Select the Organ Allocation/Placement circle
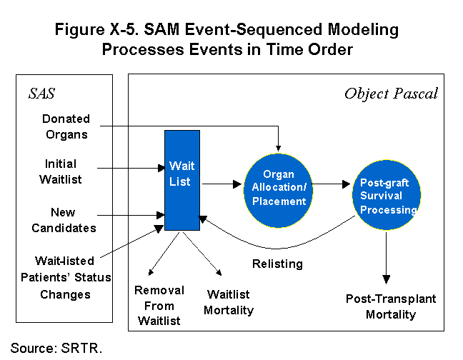pos(279,187)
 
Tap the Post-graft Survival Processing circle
pos(387,194)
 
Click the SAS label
pos(41,94)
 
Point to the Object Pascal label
pos(391,94)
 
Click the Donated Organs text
pos(65,126)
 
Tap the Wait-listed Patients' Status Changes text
pos(73,276)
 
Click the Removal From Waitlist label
pos(159,306)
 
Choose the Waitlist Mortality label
pos(229,301)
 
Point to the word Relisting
pos(277,264)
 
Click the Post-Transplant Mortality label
pos(390,306)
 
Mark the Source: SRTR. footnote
pos(56,348)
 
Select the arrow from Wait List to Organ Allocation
pos(221,184)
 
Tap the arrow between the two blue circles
pos(333,184)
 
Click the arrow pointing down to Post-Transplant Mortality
pos(387,256)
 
